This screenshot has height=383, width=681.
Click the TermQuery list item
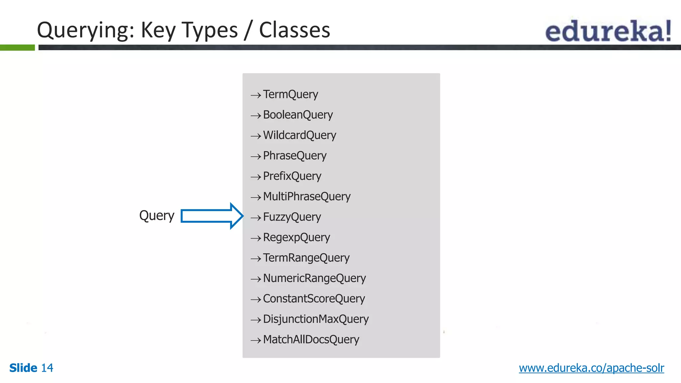(290, 94)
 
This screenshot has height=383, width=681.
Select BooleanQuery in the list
(298, 115)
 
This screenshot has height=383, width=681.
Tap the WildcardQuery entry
(299, 135)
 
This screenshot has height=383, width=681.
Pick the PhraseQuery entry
(295, 156)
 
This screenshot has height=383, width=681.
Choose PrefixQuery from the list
(292, 176)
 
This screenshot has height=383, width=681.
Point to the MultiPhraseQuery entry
(307, 196)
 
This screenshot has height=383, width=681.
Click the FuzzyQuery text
(292, 217)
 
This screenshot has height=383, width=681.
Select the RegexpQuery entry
(296, 237)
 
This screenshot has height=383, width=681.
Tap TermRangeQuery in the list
(306, 258)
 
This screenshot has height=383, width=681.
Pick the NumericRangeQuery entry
(314, 278)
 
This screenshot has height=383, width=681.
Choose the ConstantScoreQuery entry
(314, 299)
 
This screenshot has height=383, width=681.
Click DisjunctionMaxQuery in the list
(316, 319)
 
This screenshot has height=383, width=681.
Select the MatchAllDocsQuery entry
(311, 339)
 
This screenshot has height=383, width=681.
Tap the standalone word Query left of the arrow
(157, 216)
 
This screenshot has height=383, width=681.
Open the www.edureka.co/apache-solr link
(591, 368)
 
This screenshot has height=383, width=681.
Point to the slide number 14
(47, 368)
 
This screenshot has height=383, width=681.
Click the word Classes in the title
(294, 30)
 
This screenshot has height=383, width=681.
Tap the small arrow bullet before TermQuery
(256, 95)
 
